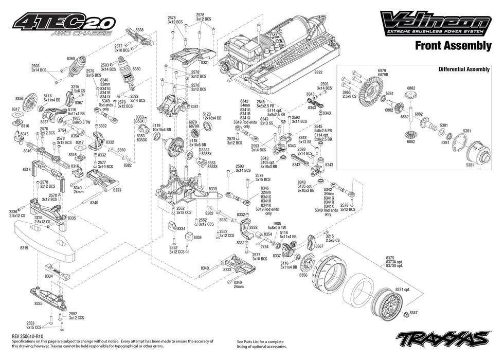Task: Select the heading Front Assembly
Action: point(453,46)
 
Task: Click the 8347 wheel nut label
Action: point(414,312)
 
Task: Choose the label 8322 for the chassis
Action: point(319,73)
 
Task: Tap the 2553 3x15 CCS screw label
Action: point(34,325)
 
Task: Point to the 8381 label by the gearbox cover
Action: point(194,106)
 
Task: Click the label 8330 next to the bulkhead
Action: point(212,189)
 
